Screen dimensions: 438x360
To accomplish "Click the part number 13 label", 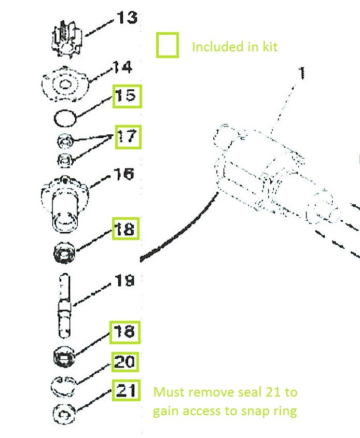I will [x=127, y=18].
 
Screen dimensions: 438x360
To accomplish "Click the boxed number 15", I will [x=127, y=96].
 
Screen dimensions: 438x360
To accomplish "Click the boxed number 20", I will [x=124, y=362].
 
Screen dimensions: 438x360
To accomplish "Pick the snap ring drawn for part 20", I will [x=64, y=386].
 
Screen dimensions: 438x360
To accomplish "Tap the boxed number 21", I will [x=127, y=390].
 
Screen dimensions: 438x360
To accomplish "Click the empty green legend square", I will [x=168, y=45].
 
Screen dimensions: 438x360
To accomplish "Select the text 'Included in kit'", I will [x=234, y=47].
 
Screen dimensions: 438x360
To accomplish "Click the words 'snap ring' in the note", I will [x=271, y=411].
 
